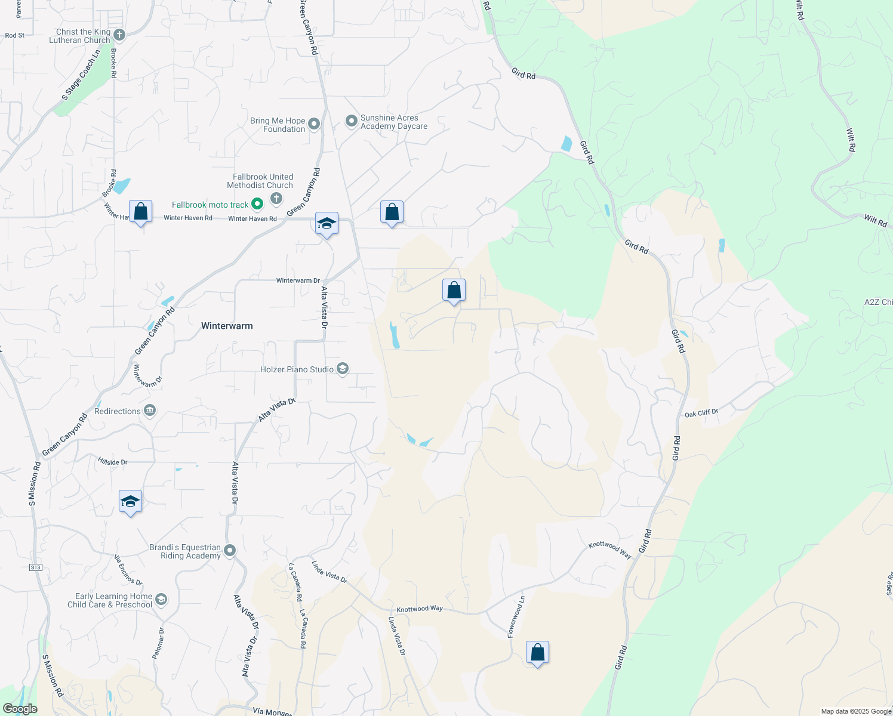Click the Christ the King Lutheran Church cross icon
point(119,35)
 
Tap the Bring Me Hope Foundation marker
point(314,124)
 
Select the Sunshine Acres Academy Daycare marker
point(352,121)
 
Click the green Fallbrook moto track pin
point(257,204)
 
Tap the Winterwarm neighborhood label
point(227,326)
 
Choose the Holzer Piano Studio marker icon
point(343,369)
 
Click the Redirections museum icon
point(150,411)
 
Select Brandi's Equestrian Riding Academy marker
point(230,551)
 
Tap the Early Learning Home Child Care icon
point(161,599)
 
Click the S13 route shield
point(36,567)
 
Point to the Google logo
point(20,709)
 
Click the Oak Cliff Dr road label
point(701,413)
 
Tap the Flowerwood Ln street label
point(516,616)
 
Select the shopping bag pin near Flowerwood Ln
point(537,652)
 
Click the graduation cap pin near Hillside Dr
point(130,502)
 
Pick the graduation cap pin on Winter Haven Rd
point(327,224)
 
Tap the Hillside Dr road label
point(113,462)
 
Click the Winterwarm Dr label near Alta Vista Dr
point(298,280)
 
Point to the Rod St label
point(15,35)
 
